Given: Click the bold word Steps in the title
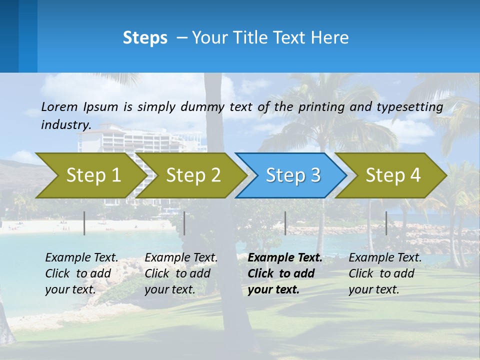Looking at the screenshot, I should pos(145,38).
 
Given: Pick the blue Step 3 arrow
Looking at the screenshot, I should pos(293,175).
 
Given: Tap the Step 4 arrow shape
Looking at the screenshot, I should pos(393,175).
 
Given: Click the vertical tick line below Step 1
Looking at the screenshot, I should pos(84,223).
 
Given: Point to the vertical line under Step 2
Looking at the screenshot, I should pos(184,223).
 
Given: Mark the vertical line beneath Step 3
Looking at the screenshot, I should pos(285,223).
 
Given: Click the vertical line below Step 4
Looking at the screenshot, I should pos(386,223).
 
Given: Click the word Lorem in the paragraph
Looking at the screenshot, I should pos(59,106).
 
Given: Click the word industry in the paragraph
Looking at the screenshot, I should pos(65,125).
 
